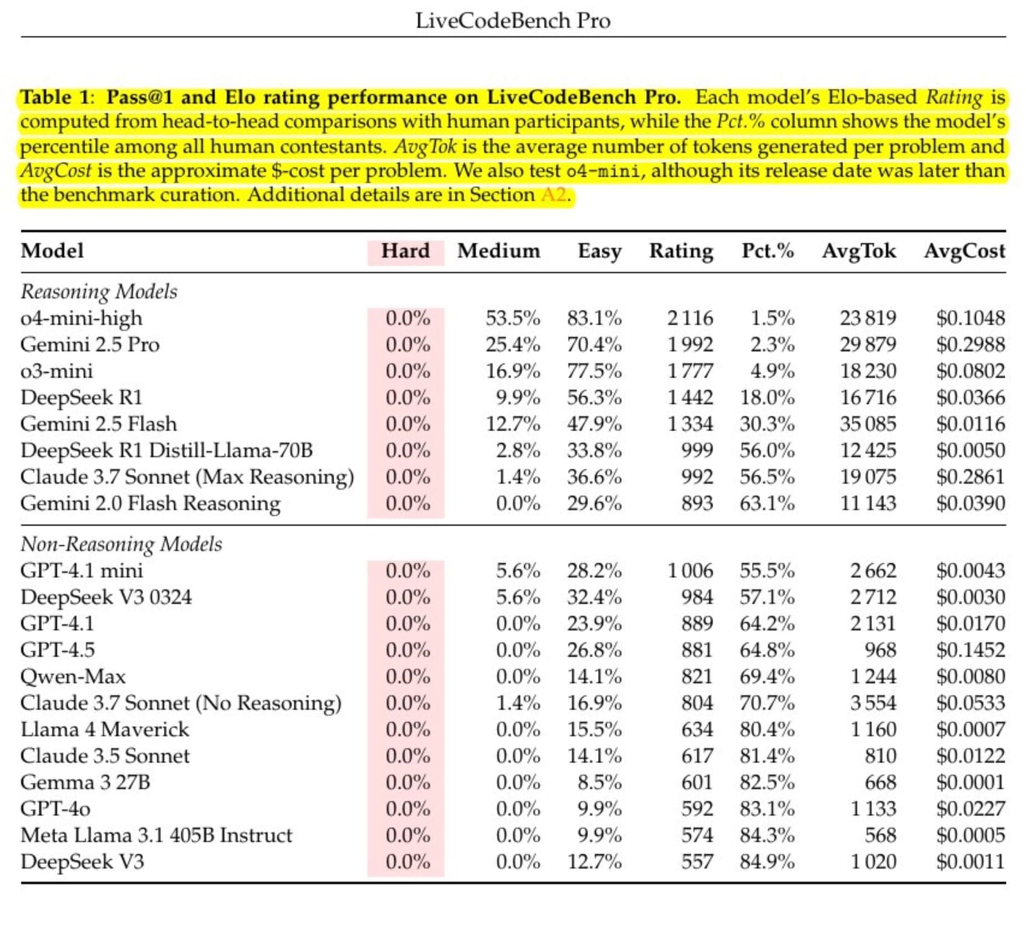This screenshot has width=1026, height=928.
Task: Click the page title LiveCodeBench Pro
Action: click(x=513, y=21)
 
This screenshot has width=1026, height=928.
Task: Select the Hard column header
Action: click(x=405, y=251)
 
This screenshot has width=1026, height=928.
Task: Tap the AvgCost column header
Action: click(x=964, y=251)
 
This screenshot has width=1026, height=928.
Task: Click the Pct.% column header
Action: click(x=768, y=251)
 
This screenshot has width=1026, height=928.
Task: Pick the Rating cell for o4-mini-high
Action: click(x=690, y=318)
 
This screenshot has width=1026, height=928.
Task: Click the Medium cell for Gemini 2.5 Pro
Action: click(x=513, y=344)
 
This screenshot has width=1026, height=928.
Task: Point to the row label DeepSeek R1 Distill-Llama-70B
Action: click(x=166, y=450)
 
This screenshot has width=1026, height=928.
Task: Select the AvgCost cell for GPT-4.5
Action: click(x=971, y=650)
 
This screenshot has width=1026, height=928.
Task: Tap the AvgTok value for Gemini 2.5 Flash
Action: click(x=868, y=424)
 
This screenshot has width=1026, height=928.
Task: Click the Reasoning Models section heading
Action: click(x=99, y=292)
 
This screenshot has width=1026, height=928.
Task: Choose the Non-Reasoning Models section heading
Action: click(x=121, y=544)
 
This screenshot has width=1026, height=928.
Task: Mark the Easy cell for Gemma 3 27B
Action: click(x=599, y=782)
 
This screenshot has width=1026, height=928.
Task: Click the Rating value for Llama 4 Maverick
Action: click(x=697, y=729)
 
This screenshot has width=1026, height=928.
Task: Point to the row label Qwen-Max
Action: click(x=73, y=676)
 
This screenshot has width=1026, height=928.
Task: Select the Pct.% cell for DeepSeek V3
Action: click(x=767, y=861)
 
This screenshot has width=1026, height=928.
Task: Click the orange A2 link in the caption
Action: click(x=554, y=195)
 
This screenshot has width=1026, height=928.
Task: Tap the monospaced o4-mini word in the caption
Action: click(x=603, y=171)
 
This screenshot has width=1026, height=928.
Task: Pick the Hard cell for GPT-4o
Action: click(x=407, y=809)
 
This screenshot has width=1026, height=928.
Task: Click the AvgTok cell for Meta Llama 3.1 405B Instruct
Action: click(x=880, y=835)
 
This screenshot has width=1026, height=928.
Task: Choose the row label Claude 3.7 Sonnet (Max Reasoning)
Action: click(x=187, y=477)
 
